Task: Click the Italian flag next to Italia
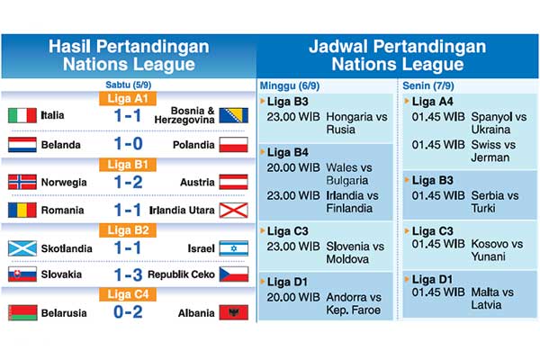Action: coord(22,115)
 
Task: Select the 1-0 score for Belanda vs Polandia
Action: coord(128,144)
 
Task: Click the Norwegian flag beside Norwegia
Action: coord(22,181)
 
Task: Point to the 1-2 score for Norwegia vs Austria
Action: coord(128,181)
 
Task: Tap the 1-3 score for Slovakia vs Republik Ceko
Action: coord(128,274)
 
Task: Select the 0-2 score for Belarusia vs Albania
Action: coord(128,312)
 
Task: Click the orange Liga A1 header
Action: coord(128,97)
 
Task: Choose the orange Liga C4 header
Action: coord(128,293)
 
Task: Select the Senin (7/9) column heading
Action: coord(433,85)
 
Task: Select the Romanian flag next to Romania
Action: coord(22,210)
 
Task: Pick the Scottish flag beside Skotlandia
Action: coord(22,247)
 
